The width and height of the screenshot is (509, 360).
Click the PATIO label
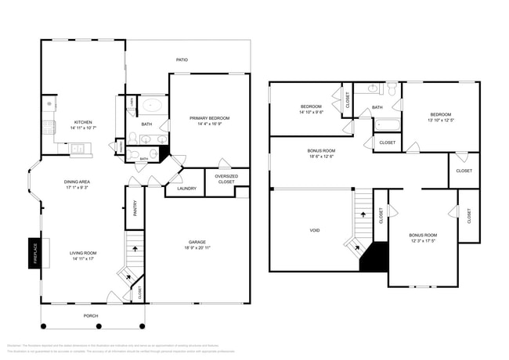tap(182, 59)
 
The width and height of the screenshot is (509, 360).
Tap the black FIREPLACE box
tap(33, 253)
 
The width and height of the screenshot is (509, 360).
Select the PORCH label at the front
tap(92, 315)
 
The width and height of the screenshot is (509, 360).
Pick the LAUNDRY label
tap(186, 188)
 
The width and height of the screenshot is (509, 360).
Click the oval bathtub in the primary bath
tap(152, 106)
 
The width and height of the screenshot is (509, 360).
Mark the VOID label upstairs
tap(314, 230)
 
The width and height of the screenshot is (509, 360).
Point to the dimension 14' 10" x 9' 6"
tap(311, 112)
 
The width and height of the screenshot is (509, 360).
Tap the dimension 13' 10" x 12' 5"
tap(441, 120)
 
